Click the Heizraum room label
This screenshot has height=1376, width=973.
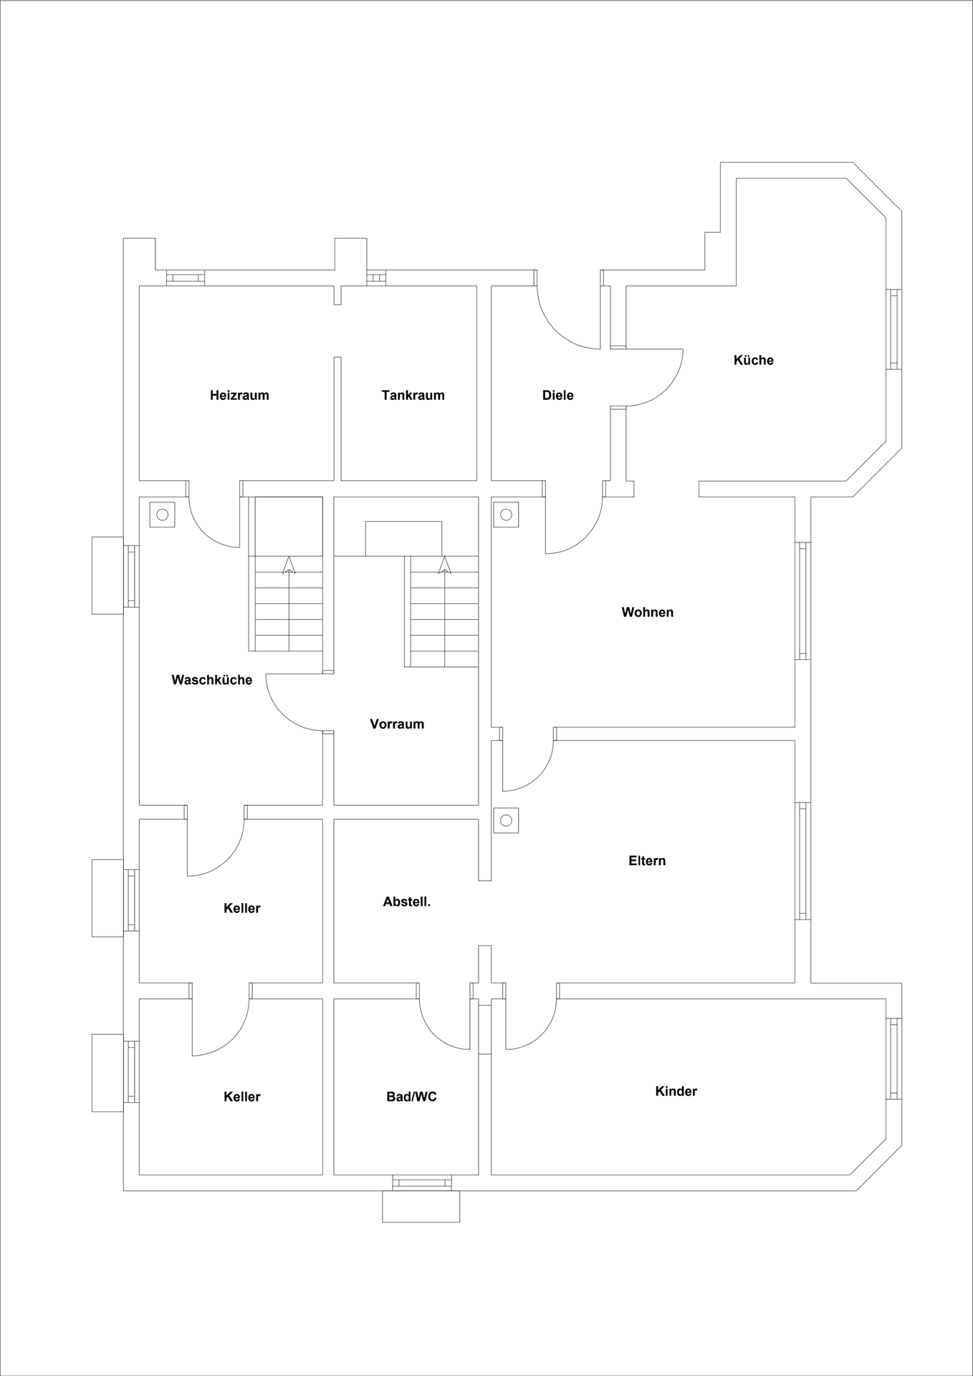point(239,395)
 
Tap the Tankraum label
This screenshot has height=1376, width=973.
point(413,395)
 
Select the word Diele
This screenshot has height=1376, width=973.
point(557,395)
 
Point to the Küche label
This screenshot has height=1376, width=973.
point(753,360)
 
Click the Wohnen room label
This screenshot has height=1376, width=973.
point(647,612)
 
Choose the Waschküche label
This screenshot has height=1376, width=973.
point(211,679)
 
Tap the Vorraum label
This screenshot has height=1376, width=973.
point(397,724)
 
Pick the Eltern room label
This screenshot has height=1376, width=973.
point(647,861)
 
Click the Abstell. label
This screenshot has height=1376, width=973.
point(406,902)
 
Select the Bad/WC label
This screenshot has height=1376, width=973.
point(411,1096)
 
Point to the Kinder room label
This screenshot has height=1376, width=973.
point(676,1091)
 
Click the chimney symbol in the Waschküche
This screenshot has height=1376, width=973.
point(163,514)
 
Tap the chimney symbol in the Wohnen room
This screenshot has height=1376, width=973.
point(507,514)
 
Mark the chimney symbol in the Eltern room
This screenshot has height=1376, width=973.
point(507,821)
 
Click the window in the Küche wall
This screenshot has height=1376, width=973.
point(893,329)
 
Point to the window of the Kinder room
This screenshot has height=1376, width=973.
point(893,1059)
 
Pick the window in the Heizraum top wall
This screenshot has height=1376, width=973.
point(186,278)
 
